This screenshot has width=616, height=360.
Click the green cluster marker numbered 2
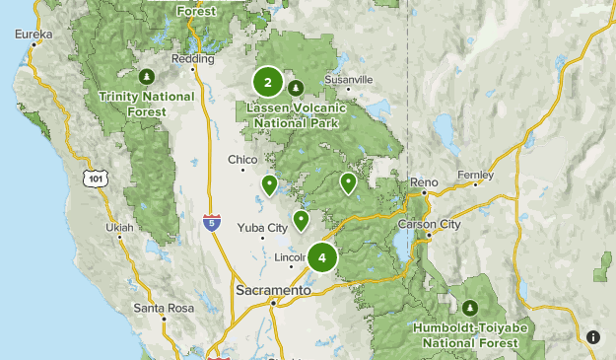point(268,83)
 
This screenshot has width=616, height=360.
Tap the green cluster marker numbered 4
point(322,257)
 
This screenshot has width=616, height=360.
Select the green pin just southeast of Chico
point(269,184)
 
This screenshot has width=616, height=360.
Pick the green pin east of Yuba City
point(301,220)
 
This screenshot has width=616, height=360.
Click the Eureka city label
point(34,34)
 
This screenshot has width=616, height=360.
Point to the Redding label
point(192,59)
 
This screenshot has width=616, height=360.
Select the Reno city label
point(425,183)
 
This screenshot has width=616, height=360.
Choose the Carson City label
point(436,225)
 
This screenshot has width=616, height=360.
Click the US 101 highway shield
point(95,178)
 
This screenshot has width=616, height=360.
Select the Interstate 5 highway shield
point(212,223)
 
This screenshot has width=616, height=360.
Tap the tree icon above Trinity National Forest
point(147,76)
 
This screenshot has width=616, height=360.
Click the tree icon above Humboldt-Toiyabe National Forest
point(470,309)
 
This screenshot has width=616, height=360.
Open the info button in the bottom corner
point(593,337)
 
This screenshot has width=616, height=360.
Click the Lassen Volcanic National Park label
point(296,116)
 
